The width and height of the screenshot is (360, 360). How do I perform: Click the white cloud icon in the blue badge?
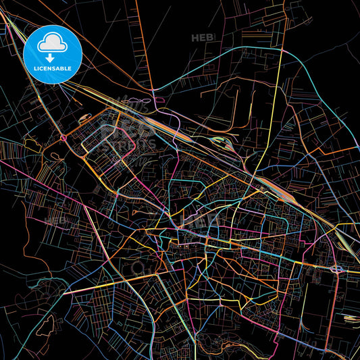(51, 45)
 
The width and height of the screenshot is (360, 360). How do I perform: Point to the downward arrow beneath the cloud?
(51, 57)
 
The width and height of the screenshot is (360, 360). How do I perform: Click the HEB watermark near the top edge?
(202, 37)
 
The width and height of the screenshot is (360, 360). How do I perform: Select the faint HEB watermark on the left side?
(55, 221)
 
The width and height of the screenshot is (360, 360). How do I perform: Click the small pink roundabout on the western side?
(64, 138)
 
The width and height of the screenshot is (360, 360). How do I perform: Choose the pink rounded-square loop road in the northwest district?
(119, 142)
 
